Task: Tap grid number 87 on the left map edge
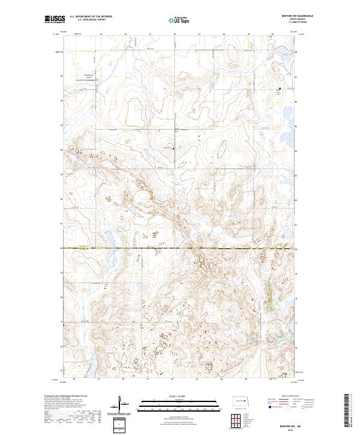click(62, 76)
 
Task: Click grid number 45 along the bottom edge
click(247, 379)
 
